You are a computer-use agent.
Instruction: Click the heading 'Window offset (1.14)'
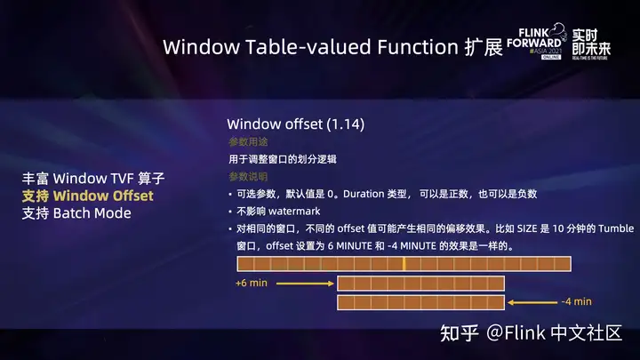295,124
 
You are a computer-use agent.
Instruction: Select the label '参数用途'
247,142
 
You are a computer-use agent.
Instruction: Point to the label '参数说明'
247,177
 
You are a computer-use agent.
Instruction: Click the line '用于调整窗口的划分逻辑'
282,159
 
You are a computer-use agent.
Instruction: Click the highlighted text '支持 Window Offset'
87,196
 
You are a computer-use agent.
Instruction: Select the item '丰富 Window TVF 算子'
93,178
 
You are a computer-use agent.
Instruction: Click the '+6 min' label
252,284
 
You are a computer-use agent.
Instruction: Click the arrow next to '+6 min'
305,284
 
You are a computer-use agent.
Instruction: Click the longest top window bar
402,264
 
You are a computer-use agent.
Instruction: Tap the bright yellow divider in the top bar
404,264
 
